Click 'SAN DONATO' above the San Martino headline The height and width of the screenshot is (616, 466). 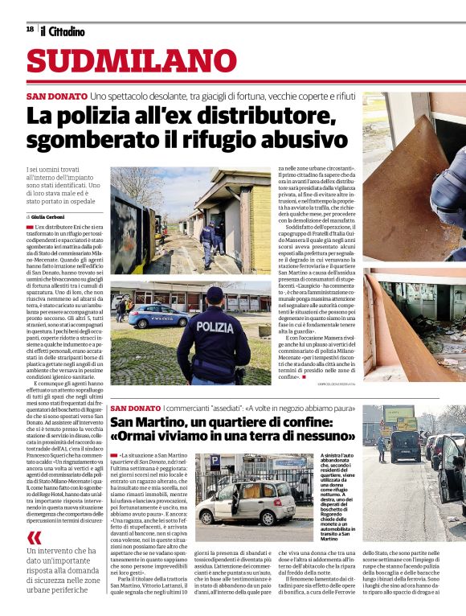point(136,409)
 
